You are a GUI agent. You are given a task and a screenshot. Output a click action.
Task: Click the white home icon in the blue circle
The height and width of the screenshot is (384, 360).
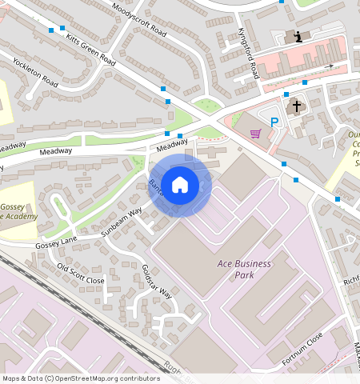180,185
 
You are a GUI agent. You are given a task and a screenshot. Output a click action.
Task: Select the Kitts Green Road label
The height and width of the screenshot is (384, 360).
91,50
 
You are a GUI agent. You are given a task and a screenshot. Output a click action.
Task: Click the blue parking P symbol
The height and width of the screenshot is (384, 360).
275,122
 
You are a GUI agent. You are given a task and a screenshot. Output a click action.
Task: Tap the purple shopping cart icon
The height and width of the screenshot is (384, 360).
256,133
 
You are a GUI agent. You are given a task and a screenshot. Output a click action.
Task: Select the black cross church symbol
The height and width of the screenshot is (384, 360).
297,106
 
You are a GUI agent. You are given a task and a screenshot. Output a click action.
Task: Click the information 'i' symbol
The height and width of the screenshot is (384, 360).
298,37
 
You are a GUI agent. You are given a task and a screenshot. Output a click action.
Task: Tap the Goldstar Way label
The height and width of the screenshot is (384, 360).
157,282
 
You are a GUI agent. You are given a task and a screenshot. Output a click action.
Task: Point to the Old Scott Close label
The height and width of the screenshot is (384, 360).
81,274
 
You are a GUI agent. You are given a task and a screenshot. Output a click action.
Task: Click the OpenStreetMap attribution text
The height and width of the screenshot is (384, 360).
81,378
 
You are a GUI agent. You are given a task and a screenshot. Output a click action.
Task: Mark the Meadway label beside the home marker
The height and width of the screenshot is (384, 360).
171,146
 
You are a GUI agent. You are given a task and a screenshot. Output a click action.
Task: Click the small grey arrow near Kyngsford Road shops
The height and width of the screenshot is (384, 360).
330,66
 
